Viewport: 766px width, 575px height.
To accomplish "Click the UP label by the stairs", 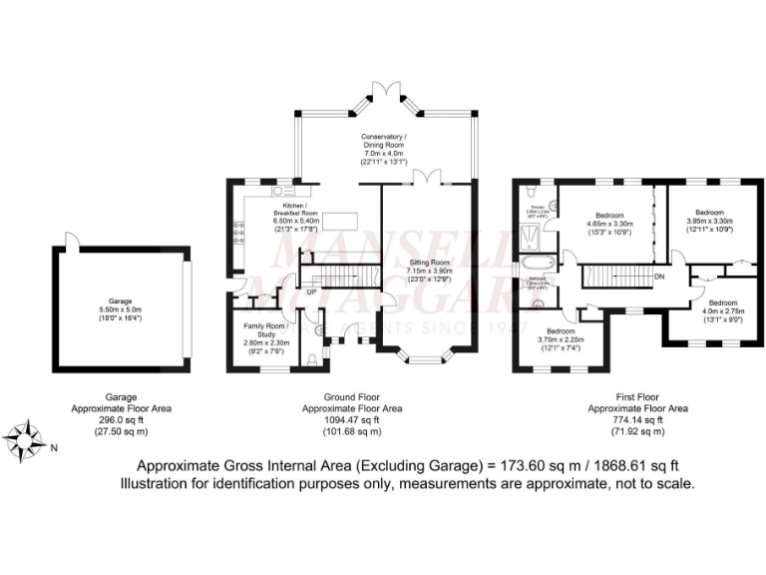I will coord(312,292).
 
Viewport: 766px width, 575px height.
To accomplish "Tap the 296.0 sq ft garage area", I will coord(121,419).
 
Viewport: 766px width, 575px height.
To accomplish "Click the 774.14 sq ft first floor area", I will coord(638,419).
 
